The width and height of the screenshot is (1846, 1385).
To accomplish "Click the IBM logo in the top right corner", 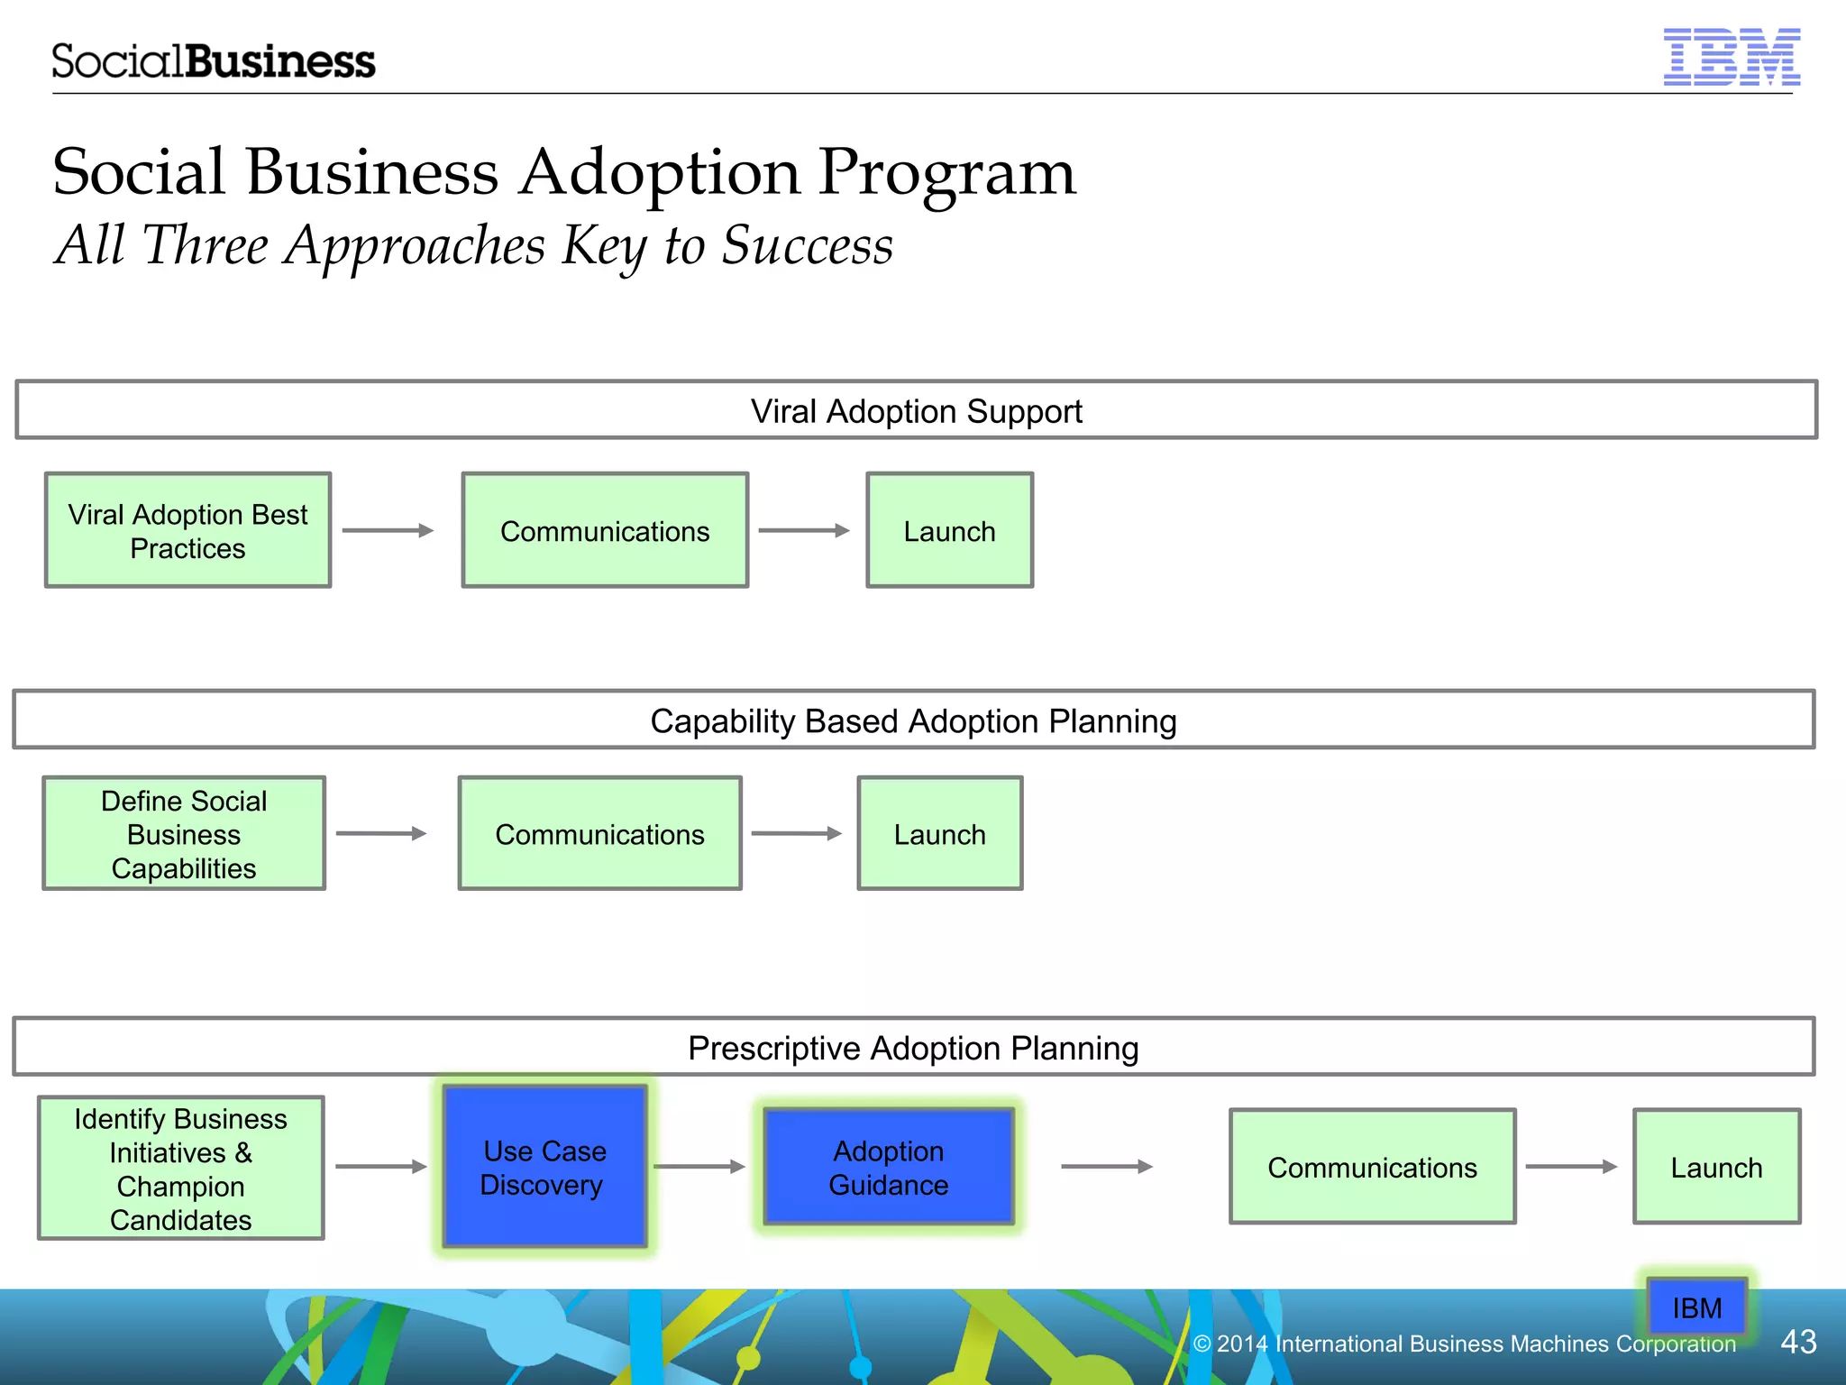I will click(1731, 57).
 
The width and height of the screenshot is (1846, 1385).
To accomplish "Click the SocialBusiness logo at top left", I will click(213, 61).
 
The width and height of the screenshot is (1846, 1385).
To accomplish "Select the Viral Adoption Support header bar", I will click(916, 410).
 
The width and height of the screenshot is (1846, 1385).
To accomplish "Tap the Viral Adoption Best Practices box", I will click(187, 530).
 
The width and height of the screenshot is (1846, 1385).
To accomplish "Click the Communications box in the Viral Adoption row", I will click(605, 530).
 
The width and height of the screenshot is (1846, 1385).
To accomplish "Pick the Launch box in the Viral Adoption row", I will click(949, 530).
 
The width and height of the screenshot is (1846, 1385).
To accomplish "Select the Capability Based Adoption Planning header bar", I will click(913, 720).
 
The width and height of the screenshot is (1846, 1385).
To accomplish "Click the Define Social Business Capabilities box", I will click(184, 833).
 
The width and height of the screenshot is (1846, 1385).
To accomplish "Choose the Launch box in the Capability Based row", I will click(939, 833).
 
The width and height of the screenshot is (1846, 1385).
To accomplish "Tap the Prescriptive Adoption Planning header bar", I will click(913, 1048).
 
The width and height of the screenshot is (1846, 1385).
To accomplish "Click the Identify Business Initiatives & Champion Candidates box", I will click(180, 1168).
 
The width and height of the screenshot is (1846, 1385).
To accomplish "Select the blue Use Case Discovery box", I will click(544, 1167).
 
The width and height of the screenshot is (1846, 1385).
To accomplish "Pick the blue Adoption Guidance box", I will click(888, 1167).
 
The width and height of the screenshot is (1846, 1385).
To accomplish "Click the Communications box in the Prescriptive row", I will click(1372, 1167).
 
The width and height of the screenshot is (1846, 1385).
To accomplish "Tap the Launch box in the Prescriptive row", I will click(1716, 1167).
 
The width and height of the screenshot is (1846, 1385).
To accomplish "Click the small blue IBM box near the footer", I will click(1696, 1307).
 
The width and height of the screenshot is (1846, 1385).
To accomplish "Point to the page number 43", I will click(1798, 1342).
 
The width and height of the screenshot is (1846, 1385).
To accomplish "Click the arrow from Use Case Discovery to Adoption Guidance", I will click(699, 1167).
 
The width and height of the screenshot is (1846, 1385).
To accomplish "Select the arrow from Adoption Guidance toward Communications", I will click(1107, 1167).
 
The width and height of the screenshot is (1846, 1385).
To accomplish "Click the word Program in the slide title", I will click(946, 173).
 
